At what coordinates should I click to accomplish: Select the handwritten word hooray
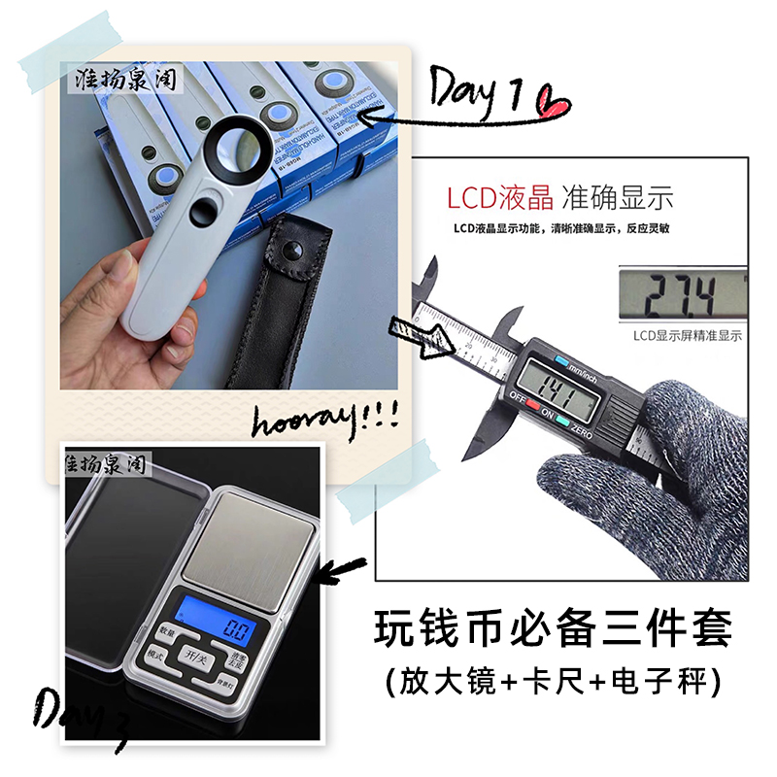(x=321, y=422)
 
